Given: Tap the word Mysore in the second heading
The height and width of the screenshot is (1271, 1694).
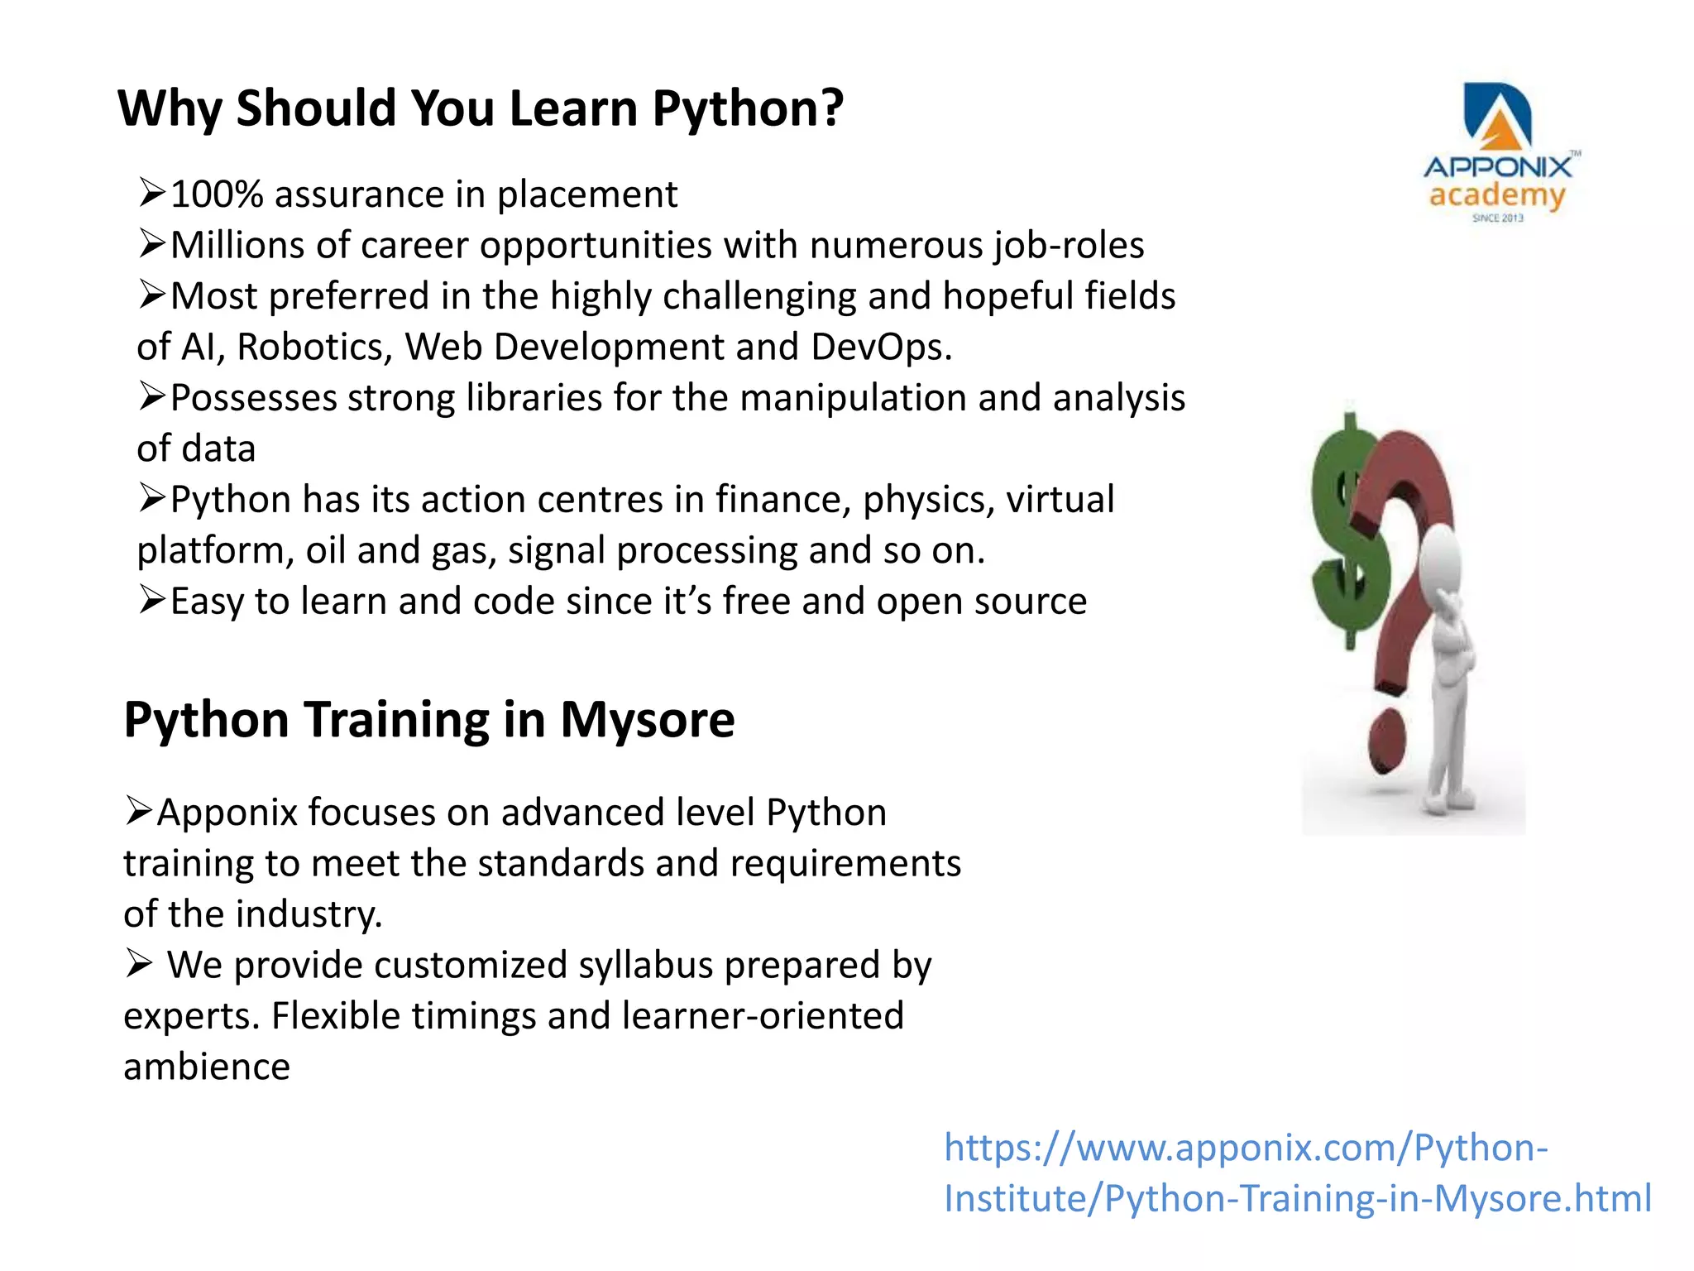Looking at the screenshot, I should tap(647, 719).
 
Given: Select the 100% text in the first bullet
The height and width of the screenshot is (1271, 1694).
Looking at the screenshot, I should tap(217, 195).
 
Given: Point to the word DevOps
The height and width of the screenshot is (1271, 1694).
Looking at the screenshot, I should tap(880, 347).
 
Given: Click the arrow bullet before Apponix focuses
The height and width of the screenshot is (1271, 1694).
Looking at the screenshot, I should tap(139, 810).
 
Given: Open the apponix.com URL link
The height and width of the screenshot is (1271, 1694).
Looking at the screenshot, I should tap(1297, 1173).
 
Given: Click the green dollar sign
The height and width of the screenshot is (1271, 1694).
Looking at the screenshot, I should tap(1348, 538).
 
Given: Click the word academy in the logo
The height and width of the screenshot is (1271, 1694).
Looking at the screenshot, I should tap(1497, 196).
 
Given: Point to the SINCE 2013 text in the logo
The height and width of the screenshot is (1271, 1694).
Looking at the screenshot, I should tap(1497, 218).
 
